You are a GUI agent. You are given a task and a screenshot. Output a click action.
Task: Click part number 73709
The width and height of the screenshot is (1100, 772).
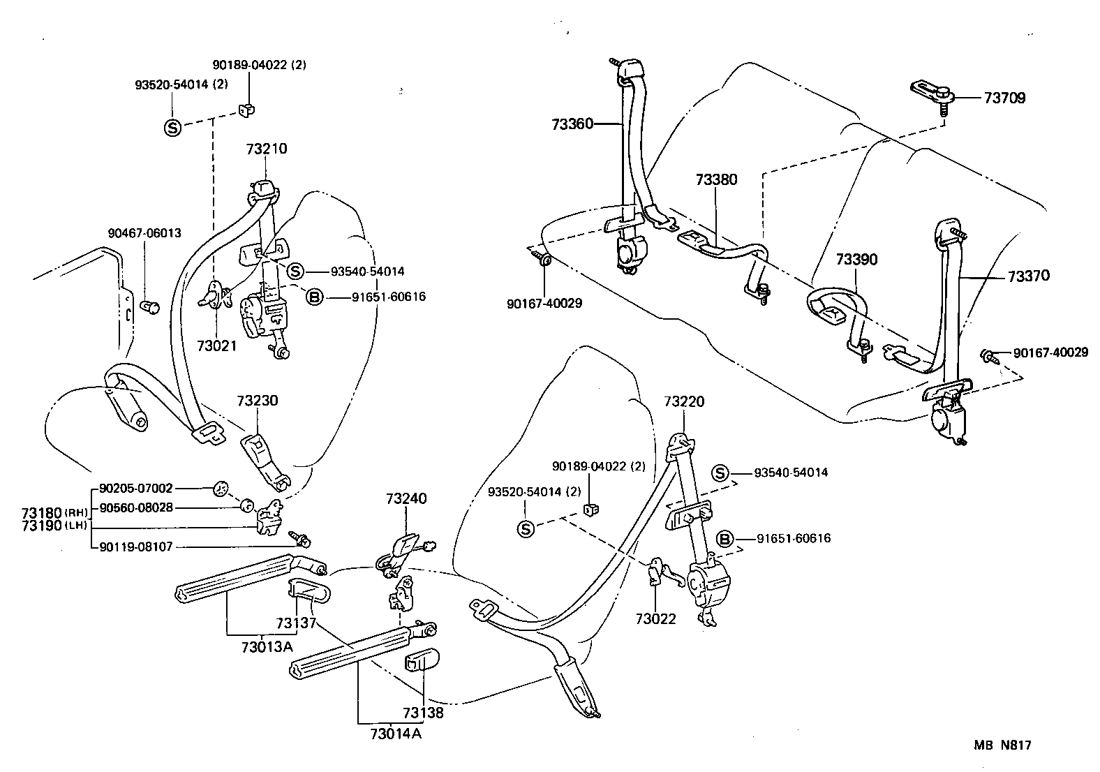(1004, 98)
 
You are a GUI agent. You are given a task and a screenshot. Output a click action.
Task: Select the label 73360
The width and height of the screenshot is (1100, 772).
(572, 124)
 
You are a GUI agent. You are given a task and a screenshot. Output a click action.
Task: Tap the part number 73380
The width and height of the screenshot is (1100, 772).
(716, 179)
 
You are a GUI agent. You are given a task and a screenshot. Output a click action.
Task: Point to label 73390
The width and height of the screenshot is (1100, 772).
(856, 260)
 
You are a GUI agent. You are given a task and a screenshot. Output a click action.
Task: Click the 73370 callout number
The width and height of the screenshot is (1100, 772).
(1028, 276)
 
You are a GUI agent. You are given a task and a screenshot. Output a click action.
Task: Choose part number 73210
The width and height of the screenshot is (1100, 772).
(266, 149)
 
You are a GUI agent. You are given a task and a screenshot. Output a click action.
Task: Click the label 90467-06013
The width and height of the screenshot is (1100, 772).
(144, 233)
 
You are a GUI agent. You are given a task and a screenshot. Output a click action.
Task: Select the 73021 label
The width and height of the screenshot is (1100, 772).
(217, 346)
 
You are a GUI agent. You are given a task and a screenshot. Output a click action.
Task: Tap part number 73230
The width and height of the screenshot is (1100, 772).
(257, 401)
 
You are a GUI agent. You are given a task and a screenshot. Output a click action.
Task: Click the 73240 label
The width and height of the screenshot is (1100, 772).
(406, 498)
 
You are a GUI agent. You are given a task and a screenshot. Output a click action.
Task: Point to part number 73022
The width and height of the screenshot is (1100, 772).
(655, 618)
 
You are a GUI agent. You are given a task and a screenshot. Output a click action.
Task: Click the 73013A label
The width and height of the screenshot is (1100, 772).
(267, 646)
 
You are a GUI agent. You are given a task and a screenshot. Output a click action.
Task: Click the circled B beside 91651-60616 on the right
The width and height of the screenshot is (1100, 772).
(725, 539)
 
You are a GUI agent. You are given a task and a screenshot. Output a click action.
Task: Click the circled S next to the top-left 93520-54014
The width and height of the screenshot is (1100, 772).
(172, 127)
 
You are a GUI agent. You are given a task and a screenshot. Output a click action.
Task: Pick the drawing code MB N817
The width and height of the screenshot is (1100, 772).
(1002, 745)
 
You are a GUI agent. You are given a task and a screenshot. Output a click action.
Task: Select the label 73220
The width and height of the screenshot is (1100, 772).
(684, 402)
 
